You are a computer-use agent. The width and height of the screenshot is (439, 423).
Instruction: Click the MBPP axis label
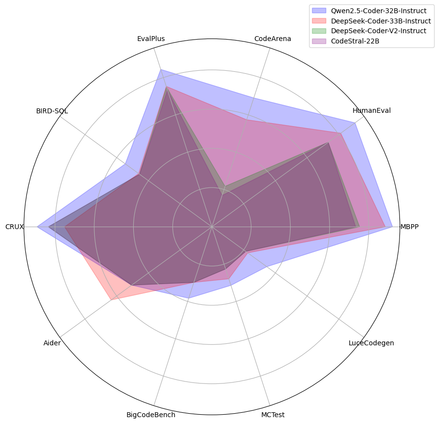tap(409, 227)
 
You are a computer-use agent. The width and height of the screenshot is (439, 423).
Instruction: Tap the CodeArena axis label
tap(273, 39)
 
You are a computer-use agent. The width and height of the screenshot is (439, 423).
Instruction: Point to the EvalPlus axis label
tap(151, 39)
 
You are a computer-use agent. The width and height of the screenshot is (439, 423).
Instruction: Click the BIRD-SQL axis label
tap(52, 111)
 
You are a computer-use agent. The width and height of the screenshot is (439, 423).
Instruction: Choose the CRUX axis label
tap(15, 227)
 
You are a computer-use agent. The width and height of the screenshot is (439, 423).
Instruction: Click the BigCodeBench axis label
tap(151, 415)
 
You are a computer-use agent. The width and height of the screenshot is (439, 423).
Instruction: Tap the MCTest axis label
tap(273, 415)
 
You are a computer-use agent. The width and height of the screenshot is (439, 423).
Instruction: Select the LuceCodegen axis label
tap(372, 343)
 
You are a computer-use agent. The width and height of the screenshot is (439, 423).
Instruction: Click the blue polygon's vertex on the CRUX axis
tap(38, 227)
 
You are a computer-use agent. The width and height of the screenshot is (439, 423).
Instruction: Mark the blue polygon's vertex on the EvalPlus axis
tap(161, 70)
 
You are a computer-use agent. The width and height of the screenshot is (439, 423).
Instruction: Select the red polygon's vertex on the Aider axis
tap(111, 300)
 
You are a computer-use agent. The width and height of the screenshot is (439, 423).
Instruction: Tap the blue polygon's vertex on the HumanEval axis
tap(355, 123)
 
